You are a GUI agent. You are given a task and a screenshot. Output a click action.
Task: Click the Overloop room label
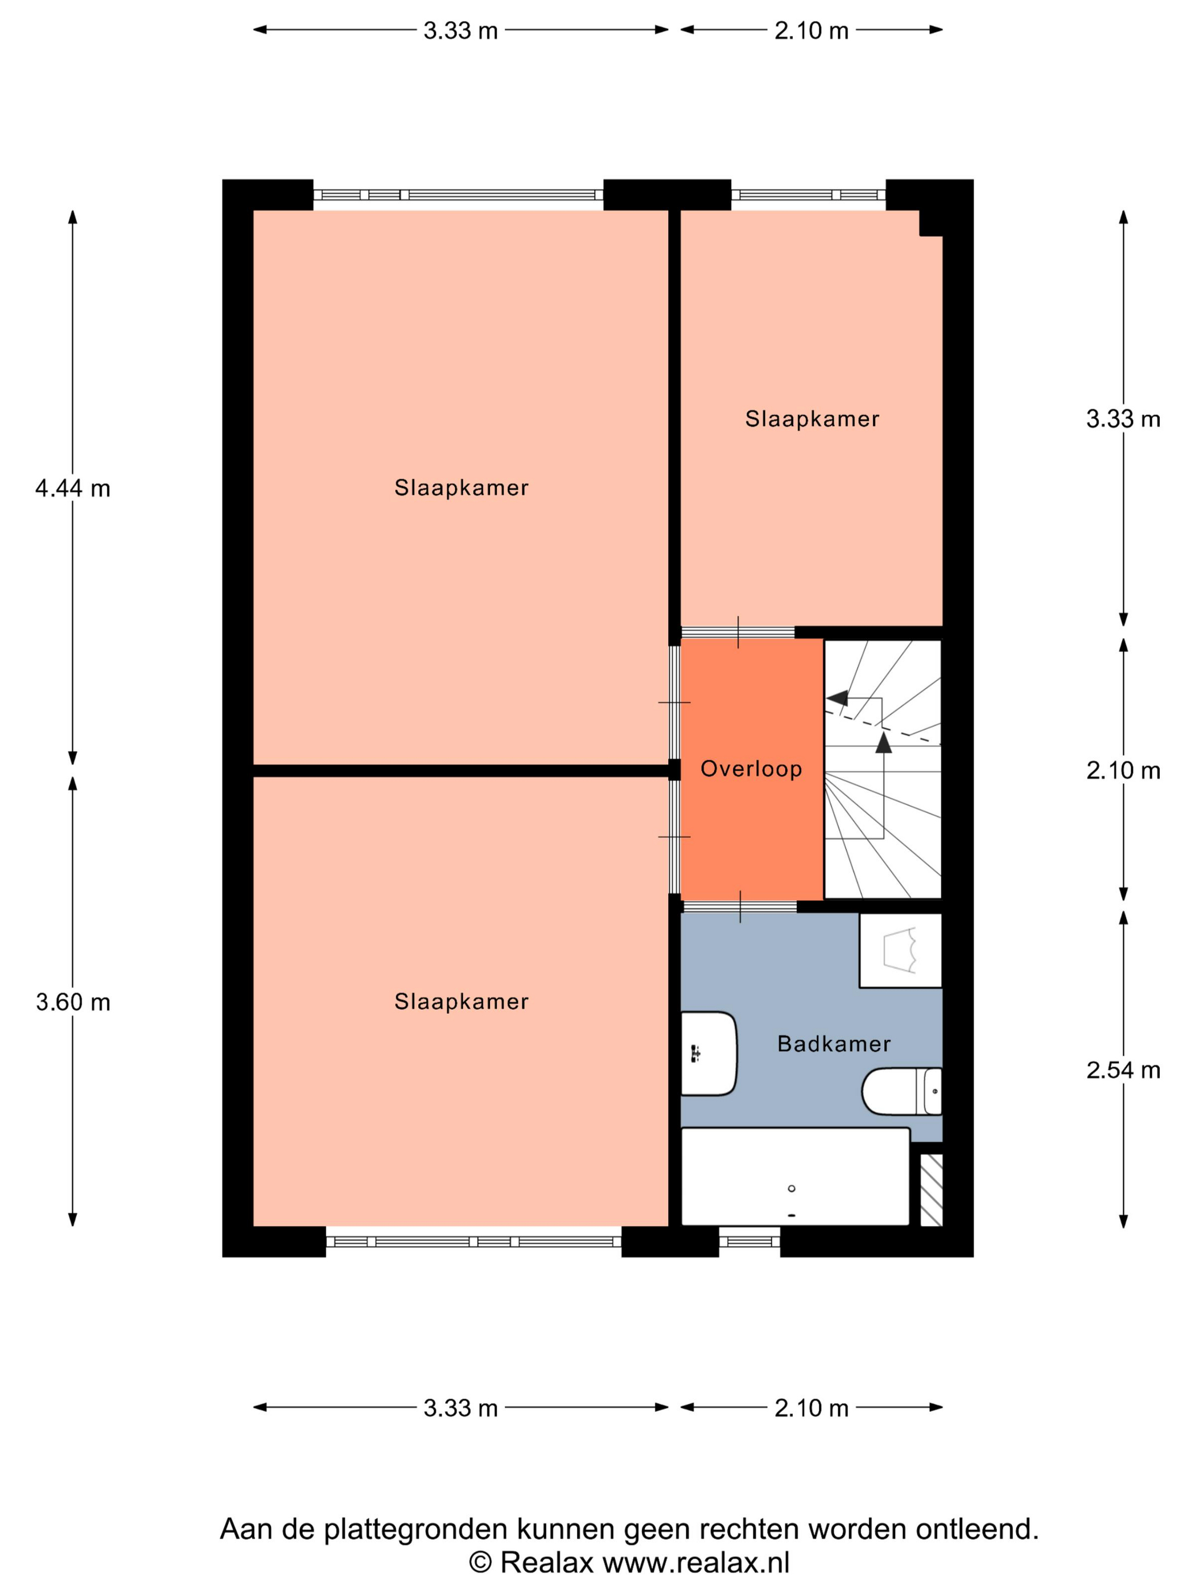tap(751, 769)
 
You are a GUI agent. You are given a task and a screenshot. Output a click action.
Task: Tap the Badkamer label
tap(834, 1044)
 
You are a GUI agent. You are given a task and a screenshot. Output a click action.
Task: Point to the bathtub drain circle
tap(792, 1188)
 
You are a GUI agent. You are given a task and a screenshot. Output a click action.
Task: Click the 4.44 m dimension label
tap(73, 488)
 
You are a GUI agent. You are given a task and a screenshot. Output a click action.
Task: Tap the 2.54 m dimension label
tap(1123, 1070)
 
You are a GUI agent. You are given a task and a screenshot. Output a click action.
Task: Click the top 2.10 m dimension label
tap(811, 30)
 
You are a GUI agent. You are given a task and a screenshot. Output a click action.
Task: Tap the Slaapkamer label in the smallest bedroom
tap(812, 418)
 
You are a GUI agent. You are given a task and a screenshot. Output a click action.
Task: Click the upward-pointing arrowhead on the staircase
tap(883, 742)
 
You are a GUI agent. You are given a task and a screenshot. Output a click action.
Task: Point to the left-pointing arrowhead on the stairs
tap(836, 697)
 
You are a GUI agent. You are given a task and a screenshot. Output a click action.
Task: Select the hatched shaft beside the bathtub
tap(932, 1190)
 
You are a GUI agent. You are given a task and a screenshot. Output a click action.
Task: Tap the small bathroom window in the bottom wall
tap(749, 1241)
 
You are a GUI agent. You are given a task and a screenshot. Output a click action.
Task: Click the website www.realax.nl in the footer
tap(696, 1562)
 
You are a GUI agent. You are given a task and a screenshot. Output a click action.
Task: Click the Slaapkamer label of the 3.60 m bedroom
tap(461, 1001)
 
